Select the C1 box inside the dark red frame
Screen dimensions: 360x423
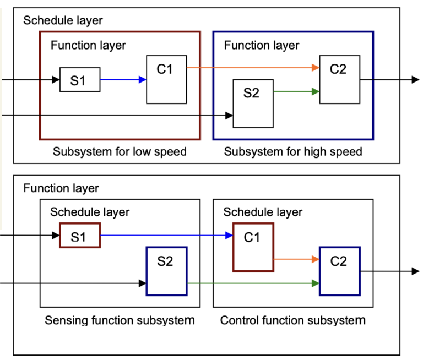(166, 79)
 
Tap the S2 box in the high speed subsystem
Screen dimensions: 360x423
(253, 103)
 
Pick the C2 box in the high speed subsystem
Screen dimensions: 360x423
(340, 79)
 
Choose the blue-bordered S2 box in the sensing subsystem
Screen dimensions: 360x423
(166, 271)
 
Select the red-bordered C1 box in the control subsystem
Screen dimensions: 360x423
(253, 248)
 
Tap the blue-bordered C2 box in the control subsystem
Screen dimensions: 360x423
(340, 271)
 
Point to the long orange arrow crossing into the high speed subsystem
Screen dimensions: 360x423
(253, 68)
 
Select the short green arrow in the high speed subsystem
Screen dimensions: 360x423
(296, 91)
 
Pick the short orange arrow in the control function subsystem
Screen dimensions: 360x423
(296, 259)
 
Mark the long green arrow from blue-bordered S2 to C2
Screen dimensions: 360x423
(253, 283)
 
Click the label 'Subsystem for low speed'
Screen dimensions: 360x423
(120, 152)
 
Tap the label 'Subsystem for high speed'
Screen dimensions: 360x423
(293, 152)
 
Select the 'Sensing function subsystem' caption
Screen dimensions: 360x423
(120, 320)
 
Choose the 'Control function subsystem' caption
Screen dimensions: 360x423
(293, 320)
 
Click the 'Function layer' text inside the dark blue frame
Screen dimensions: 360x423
(262, 45)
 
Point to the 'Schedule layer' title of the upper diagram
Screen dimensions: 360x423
(63, 20)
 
